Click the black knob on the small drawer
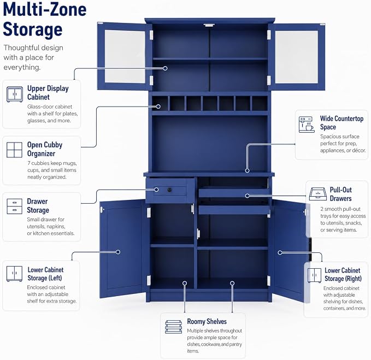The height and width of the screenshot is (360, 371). [x=169, y=190]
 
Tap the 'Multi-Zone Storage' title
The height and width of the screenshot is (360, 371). [x=45, y=20]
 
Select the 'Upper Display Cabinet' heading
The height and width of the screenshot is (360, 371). [x=48, y=92]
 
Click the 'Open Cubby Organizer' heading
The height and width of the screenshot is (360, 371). [x=45, y=149]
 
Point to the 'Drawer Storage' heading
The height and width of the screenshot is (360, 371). [x=38, y=205]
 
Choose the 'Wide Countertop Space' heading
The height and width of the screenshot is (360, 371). [x=341, y=122]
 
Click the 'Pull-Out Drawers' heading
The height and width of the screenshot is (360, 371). [x=341, y=194]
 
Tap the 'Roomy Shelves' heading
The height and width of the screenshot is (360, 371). [x=207, y=321]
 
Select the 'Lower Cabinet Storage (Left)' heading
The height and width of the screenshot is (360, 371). [x=45, y=274]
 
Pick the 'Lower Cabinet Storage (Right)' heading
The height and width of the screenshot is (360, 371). [x=343, y=274]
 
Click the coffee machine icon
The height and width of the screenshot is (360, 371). [x=307, y=125]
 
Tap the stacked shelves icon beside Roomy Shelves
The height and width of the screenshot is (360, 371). [x=173, y=327]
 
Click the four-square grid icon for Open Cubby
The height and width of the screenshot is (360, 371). [x=14, y=150]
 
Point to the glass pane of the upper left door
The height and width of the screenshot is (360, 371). [x=125, y=56]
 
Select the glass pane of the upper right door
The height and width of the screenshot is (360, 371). [x=297, y=57]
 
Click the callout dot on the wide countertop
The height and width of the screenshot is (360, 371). [x=248, y=170]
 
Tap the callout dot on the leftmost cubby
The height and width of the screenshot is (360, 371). [x=158, y=107]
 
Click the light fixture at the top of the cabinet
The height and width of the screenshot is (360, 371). [x=209, y=25]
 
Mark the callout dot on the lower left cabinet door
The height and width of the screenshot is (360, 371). [x=118, y=252]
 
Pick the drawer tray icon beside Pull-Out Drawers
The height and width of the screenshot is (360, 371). [x=318, y=194]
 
